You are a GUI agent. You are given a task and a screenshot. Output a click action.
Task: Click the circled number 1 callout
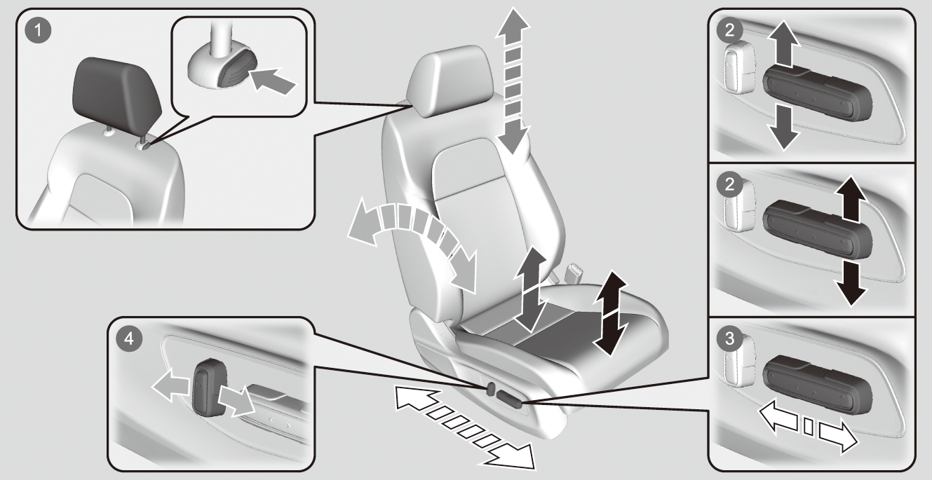click(x=39, y=30)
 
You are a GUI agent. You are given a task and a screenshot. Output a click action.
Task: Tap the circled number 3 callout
click(x=729, y=338)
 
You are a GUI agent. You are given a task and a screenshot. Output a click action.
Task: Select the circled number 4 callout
click(x=129, y=339)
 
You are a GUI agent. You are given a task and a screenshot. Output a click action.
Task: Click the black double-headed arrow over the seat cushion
click(x=610, y=313)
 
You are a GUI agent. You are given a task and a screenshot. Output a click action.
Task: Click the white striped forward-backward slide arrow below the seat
click(x=465, y=428)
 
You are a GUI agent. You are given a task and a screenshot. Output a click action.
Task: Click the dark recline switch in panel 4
click(x=209, y=388)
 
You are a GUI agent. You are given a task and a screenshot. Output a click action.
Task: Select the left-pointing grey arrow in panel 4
click(x=171, y=385)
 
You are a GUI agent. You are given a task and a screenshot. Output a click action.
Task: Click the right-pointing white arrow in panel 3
click(x=837, y=437)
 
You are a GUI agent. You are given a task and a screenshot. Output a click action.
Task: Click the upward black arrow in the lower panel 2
click(x=851, y=198)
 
